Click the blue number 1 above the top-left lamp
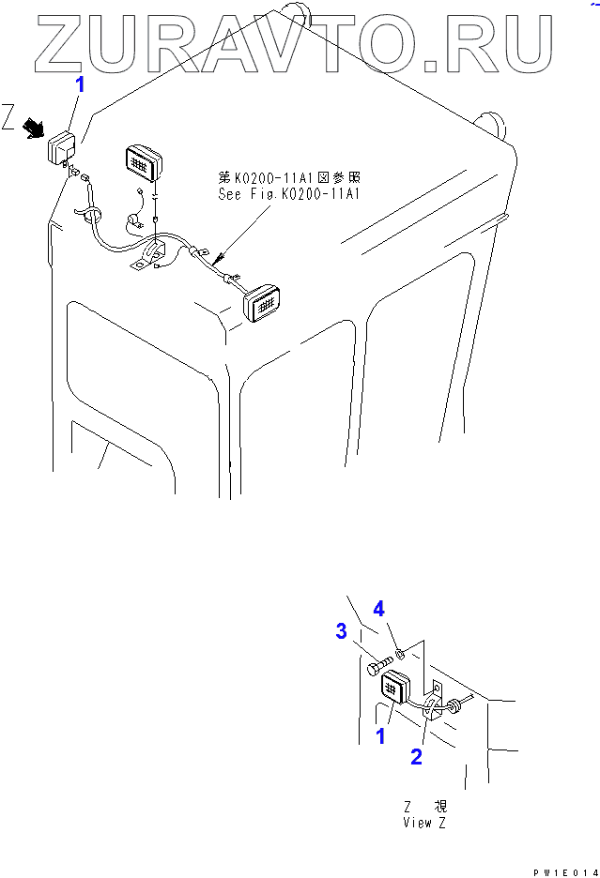pyautogui.click(x=80, y=85)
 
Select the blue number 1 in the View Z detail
pyautogui.click(x=380, y=736)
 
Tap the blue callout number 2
pyautogui.click(x=416, y=757)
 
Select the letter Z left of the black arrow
pyautogui.click(x=9, y=120)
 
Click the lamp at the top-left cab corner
pyautogui.click(x=63, y=147)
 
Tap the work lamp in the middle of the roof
pyautogui.click(x=143, y=163)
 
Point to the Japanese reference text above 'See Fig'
pyautogui.click(x=289, y=177)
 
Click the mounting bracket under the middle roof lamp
pyautogui.click(x=152, y=255)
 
